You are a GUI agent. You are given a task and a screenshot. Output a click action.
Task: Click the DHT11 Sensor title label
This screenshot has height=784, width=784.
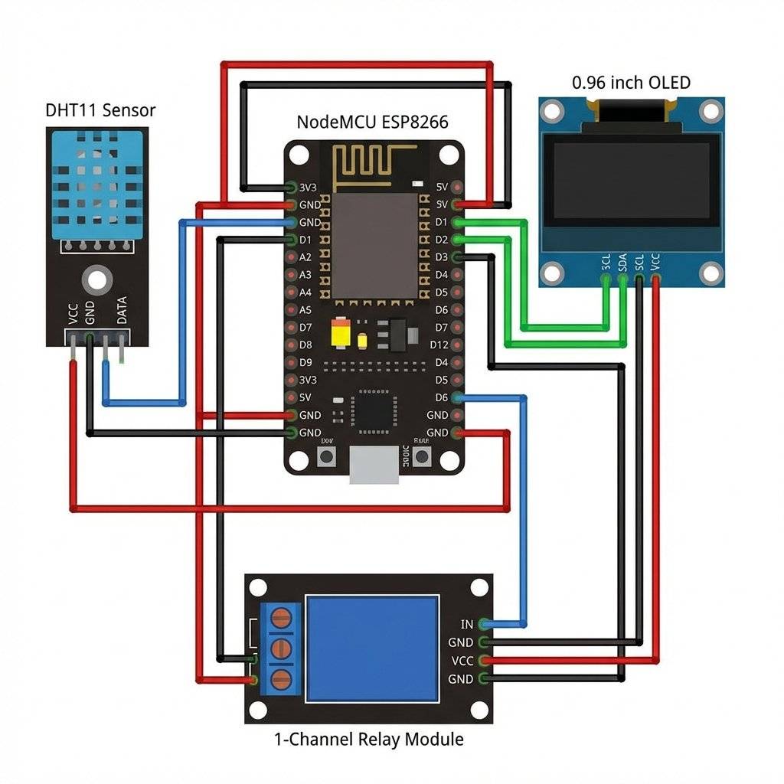[x=100, y=110]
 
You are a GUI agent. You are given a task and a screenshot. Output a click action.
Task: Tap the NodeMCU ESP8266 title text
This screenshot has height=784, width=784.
[x=372, y=122]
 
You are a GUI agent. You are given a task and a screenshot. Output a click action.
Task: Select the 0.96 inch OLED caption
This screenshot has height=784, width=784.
[x=631, y=83]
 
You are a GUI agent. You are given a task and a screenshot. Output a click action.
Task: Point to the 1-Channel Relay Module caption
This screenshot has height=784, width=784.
[x=368, y=740]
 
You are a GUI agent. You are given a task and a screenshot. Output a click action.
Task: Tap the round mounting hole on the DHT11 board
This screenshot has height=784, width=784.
[x=96, y=279]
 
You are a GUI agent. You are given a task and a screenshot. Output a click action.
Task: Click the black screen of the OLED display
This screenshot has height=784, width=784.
[x=631, y=181]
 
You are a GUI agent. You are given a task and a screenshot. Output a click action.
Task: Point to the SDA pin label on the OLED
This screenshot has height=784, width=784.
[x=622, y=262]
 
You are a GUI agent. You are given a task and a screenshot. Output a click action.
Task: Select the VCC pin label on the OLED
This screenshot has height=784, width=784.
[x=655, y=262]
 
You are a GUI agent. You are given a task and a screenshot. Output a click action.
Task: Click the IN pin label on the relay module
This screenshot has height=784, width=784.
[x=467, y=626]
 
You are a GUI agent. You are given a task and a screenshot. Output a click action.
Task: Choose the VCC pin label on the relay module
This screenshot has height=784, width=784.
[x=462, y=661]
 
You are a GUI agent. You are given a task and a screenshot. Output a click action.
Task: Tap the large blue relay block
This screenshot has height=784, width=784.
[x=372, y=648]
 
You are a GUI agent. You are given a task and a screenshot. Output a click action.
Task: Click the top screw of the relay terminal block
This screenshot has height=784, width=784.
[x=283, y=617]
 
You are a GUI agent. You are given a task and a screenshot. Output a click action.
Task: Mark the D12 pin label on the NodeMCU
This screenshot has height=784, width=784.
[x=439, y=345]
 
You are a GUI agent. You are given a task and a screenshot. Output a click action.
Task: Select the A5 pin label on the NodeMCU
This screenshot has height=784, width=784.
[x=305, y=310]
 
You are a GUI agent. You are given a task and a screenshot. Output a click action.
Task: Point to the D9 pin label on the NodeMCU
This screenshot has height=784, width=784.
[x=305, y=362]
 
